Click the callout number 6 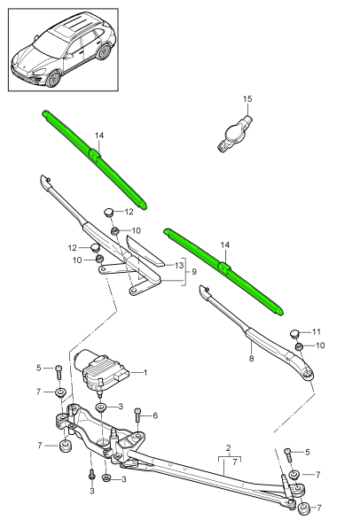pos(154,415)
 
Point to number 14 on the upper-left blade pos(99,136)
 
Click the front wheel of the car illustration pos(54,78)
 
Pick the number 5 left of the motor pos(39,367)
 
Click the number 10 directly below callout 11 pos(320,345)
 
